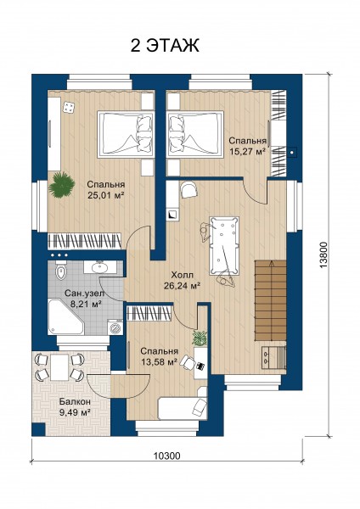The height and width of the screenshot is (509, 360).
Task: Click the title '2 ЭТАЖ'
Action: [x=165, y=46]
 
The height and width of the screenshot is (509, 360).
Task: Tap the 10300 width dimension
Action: [x=166, y=456]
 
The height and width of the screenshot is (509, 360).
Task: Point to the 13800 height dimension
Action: [x=324, y=255]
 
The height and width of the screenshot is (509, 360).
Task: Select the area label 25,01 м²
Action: [x=106, y=195]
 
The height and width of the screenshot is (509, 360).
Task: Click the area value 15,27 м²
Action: [x=247, y=151]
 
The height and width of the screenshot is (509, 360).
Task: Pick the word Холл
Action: [x=182, y=275]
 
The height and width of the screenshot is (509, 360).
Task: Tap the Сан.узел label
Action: [x=84, y=294]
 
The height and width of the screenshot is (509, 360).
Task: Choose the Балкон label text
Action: [x=75, y=401]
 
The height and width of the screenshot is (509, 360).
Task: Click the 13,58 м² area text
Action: [x=159, y=361]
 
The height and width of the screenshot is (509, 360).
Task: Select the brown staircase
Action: [x=270, y=300]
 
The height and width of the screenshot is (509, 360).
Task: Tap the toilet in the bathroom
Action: [x=61, y=272]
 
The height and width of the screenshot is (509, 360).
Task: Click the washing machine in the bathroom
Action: [x=115, y=327]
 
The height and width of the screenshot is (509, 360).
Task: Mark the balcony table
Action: [x=59, y=367]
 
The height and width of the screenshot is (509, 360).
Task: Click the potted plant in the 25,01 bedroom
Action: [x=61, y=185]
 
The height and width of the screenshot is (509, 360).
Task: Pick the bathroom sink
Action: [x=99, y=267]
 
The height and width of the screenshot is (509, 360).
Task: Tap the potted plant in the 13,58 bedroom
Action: [x=200, y=338]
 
